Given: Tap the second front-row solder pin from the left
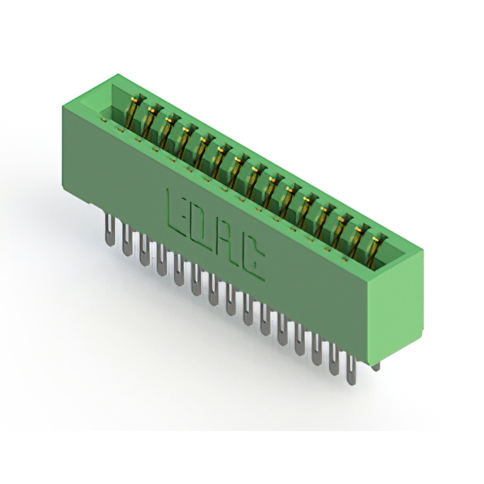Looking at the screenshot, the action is click(x=126, y=240).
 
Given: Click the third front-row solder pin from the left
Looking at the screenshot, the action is click(x=143, y=250).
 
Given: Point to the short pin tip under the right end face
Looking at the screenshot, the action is click(x=377, y=367).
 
